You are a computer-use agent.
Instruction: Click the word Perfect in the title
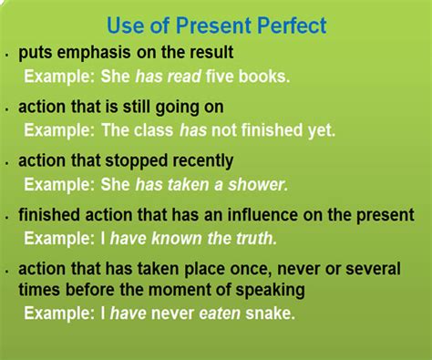[292, 25]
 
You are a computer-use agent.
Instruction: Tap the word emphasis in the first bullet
[94, 53]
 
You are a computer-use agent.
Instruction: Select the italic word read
[184, 76]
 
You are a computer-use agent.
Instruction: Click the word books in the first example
[264, 76]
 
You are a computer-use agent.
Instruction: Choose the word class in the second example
[153, 130]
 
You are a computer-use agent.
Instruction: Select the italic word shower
[258, 184]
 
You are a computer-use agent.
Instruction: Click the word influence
[262, 214]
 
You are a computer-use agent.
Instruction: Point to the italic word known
[177, 238]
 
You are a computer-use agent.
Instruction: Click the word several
[373, 269]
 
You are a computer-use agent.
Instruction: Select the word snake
[270, 313]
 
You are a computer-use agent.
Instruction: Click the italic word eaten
[220, 314]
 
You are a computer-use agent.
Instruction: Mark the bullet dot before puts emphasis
[7, 56]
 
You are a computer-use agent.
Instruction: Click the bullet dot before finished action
[7, 218]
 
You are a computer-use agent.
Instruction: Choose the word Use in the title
[126, 25]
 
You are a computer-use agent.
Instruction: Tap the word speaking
[270, 290]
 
